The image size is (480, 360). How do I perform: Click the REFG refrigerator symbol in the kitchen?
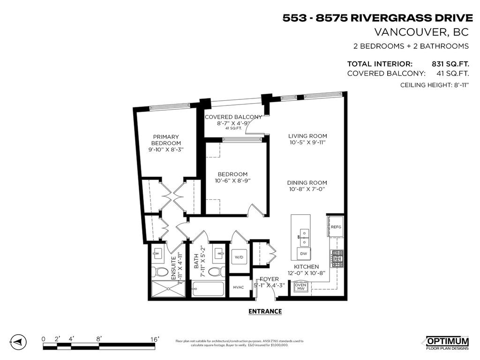click(336, 227)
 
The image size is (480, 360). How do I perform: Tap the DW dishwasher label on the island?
click(304, 253)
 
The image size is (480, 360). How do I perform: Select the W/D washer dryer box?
click(239, 257)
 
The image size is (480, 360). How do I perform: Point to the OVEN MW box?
click(300, 286)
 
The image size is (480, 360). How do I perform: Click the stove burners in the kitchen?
click(338, 258)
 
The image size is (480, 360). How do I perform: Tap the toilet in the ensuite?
click(162, 272)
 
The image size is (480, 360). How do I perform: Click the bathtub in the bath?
click(209, 290)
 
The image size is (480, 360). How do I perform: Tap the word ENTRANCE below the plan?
click(265, 311)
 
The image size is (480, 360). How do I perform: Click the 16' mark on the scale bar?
click(154, 339)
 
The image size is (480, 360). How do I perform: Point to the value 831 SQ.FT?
click(450, 64)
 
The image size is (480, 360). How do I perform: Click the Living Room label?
click(307, 136)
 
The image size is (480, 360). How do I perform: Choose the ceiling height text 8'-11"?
click(457, 85)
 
